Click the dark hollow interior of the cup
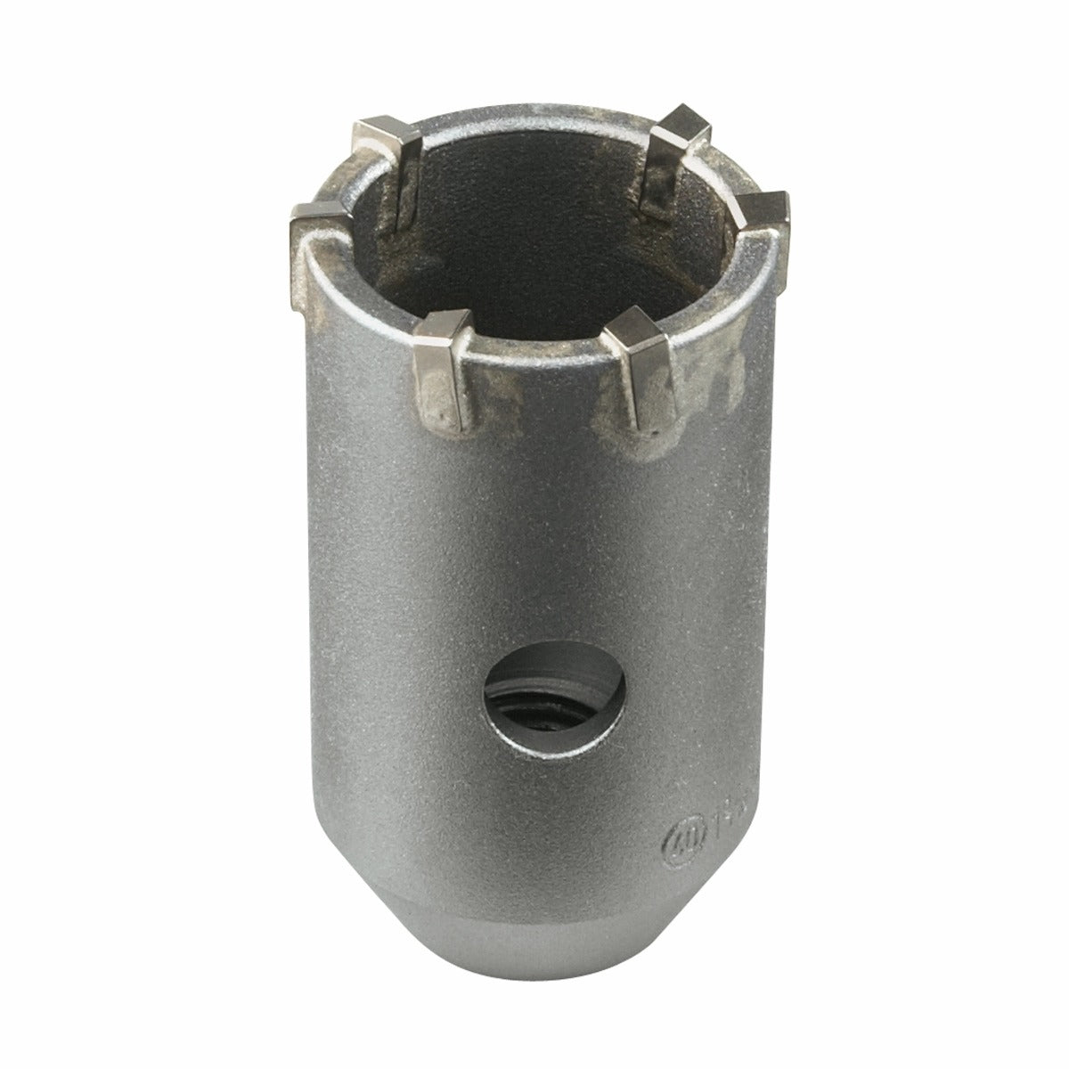pyautogui.click(x=534, y=232)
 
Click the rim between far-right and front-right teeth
pyautogui.click(x=713, y=294)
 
